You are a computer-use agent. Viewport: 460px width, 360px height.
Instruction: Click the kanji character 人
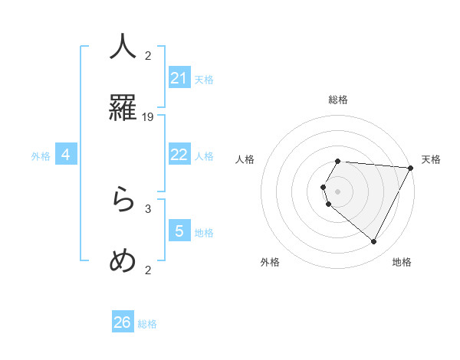coord(123,47)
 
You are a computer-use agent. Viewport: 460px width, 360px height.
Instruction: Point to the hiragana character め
coord(123,260)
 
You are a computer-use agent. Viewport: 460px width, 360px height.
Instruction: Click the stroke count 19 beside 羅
coord(148,117)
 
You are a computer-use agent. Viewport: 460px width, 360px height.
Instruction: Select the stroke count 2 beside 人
coord(148,55)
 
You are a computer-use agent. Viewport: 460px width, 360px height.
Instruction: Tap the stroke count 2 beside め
coord(148,270)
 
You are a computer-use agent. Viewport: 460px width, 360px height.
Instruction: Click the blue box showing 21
coord(179,78)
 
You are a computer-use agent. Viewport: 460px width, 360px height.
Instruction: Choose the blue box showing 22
coord(179,155)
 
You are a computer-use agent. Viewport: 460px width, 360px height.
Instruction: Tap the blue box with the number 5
coord(179,231)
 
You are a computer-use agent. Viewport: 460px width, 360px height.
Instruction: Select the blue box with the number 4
coord(66,155)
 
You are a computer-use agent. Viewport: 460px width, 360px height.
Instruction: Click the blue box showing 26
coord(123,322)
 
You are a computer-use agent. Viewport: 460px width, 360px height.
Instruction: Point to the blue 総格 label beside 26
coord(147,324)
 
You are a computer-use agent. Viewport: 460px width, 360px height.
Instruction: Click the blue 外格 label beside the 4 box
coord(41,156)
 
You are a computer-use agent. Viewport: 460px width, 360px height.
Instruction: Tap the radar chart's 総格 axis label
coord(338,100)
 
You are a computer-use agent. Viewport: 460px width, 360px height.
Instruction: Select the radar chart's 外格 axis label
coord(270,263)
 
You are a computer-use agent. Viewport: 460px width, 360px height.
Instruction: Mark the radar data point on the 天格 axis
coord(411,168)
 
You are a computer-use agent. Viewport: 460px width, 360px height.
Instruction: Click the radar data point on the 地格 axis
coord(374,241)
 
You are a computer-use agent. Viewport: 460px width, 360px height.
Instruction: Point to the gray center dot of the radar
coord(338,191)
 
